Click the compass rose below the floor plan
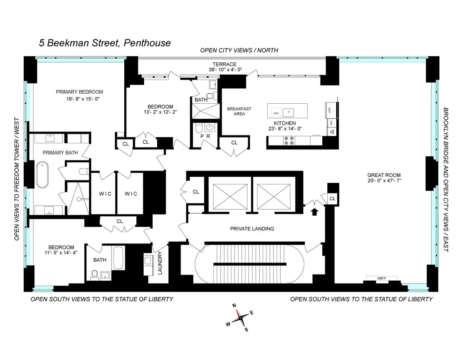click(241, 317)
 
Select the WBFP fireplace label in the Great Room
click(382, 278)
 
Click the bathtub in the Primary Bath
click(43, 176)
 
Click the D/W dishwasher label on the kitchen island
click(276, 113)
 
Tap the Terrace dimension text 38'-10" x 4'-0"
click(225, 70)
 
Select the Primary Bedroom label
click(79, 92)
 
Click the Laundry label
click(160, 263)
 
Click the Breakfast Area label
click(239, 111)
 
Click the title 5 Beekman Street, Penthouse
click(105, 43)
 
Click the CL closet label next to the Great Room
click(332, 199)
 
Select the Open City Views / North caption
click(239, 50)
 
